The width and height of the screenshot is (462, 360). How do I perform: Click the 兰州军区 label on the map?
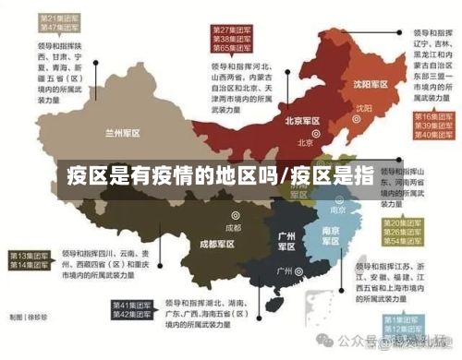pyautogui.click(x=122, y=133)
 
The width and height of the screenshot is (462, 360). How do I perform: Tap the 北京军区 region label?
pyautogui.click(x=302, y=121)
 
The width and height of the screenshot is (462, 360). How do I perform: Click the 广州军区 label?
pyautogui.click(x=286, y=241)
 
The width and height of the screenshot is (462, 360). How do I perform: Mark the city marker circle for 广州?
pyautogui.click(x=299, y=271)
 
